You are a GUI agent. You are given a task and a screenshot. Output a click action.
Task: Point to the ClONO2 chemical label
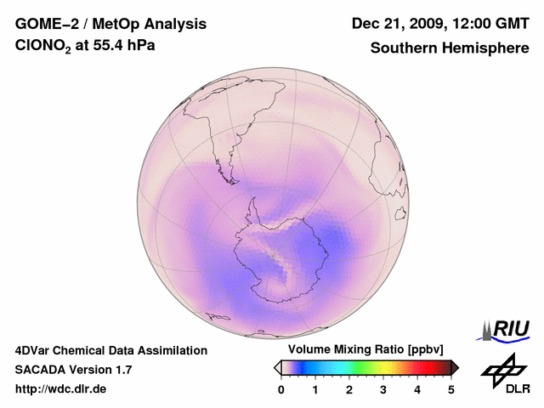46,48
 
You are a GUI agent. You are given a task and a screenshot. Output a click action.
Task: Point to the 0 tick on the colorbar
281,389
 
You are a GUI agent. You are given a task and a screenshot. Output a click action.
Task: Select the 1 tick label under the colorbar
315,389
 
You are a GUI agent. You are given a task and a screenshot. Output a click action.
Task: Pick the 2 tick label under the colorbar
349,389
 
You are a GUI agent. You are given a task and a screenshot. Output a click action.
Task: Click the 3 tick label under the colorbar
383,389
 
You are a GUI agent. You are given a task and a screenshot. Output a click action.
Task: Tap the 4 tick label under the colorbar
417,389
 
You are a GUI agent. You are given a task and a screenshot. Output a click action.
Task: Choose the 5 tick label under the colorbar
451,389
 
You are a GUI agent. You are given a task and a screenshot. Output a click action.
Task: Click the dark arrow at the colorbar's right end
455,367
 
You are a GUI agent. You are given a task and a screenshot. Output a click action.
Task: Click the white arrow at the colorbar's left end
277,367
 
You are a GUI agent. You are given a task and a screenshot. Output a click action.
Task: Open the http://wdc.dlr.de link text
61,389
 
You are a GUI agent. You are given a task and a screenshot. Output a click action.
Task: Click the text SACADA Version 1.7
73,370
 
